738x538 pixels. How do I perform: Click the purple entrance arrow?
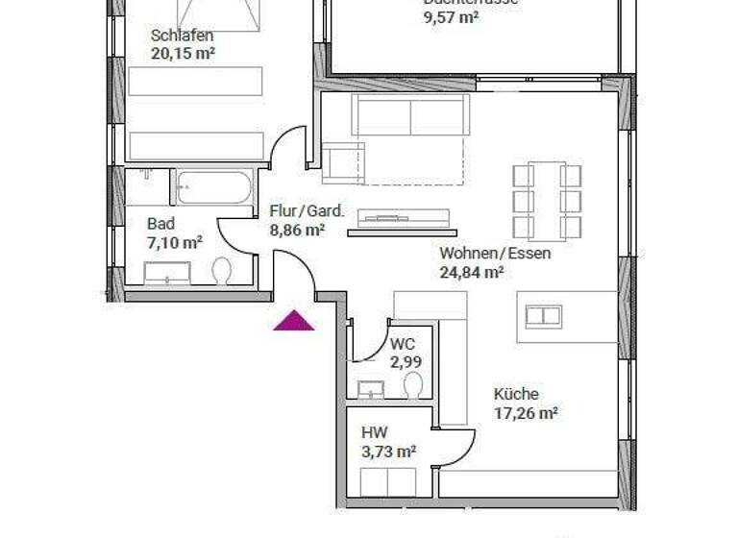coord(293,322)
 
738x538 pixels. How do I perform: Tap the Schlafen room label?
coord(182,37)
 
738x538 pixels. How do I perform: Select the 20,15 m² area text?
coord(183,54)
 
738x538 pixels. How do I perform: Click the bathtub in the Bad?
coord(214,186)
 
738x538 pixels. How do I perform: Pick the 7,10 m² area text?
coord(174,244)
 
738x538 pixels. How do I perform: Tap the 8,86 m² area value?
coord(297,230)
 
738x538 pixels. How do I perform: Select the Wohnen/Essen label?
coord(495,254)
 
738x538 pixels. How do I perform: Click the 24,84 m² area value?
coord(472,272)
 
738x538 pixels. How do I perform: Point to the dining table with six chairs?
coord(547,201)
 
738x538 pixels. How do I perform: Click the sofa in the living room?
coord(410,115)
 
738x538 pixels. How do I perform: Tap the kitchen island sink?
coord(543,316)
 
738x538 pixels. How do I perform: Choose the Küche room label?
coord(516,394)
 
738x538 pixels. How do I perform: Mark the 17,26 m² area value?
coord(526,413)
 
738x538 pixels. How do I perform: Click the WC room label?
coord(403,345)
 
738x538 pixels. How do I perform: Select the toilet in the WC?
coord(413,385)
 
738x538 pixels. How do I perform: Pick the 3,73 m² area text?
coord(388,451)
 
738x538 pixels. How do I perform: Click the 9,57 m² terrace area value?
coord(451,17)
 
